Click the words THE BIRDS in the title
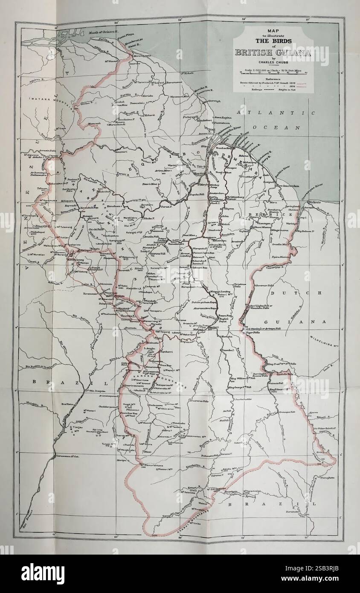273,41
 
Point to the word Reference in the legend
273,79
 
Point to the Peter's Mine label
150,184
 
